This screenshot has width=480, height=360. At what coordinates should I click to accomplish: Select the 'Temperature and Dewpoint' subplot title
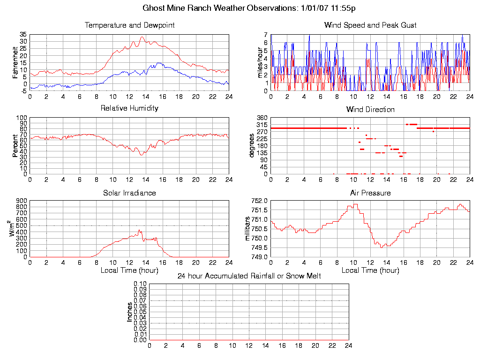pyautogui.click(x=129, y=25)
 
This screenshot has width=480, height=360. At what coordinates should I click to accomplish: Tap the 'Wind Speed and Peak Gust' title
pyautogui.click(x=370, y=25)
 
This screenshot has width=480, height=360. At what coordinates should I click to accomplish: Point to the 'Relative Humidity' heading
pyautogui.click(x=129, y=108)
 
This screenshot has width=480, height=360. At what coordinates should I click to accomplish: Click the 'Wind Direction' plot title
pyautogui.click(x=370, y=109)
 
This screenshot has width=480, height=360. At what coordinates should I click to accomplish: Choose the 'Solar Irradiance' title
pyautogui.click(x=129, y=193)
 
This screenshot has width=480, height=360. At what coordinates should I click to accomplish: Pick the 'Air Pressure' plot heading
pyautogui.click(x=370, y=193)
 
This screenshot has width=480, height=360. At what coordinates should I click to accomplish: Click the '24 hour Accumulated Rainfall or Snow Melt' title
pyautogui.click(x=249, y=276)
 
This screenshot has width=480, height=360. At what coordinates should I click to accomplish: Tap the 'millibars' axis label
pyautogui.click(x=248, y=229)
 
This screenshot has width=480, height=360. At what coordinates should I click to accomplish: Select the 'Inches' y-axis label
pyautogui.click(x=130, y=312)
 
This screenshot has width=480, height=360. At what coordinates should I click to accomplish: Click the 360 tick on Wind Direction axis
pyautogui.click(x=262, y=118)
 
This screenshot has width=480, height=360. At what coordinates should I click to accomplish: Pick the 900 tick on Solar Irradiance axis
pyautogui.click(x=22, y=201)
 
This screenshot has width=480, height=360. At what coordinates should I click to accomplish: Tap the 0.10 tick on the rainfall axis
pyautogui.click(x=140, y=284)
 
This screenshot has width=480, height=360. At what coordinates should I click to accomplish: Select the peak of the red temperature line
pyautogui.click(x=142, y=37)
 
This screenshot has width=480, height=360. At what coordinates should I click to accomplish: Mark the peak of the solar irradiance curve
pyautogui.click(x=139, y=230)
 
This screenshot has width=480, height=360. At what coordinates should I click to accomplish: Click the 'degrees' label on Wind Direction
pyautogui.click(x=252, y=145)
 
